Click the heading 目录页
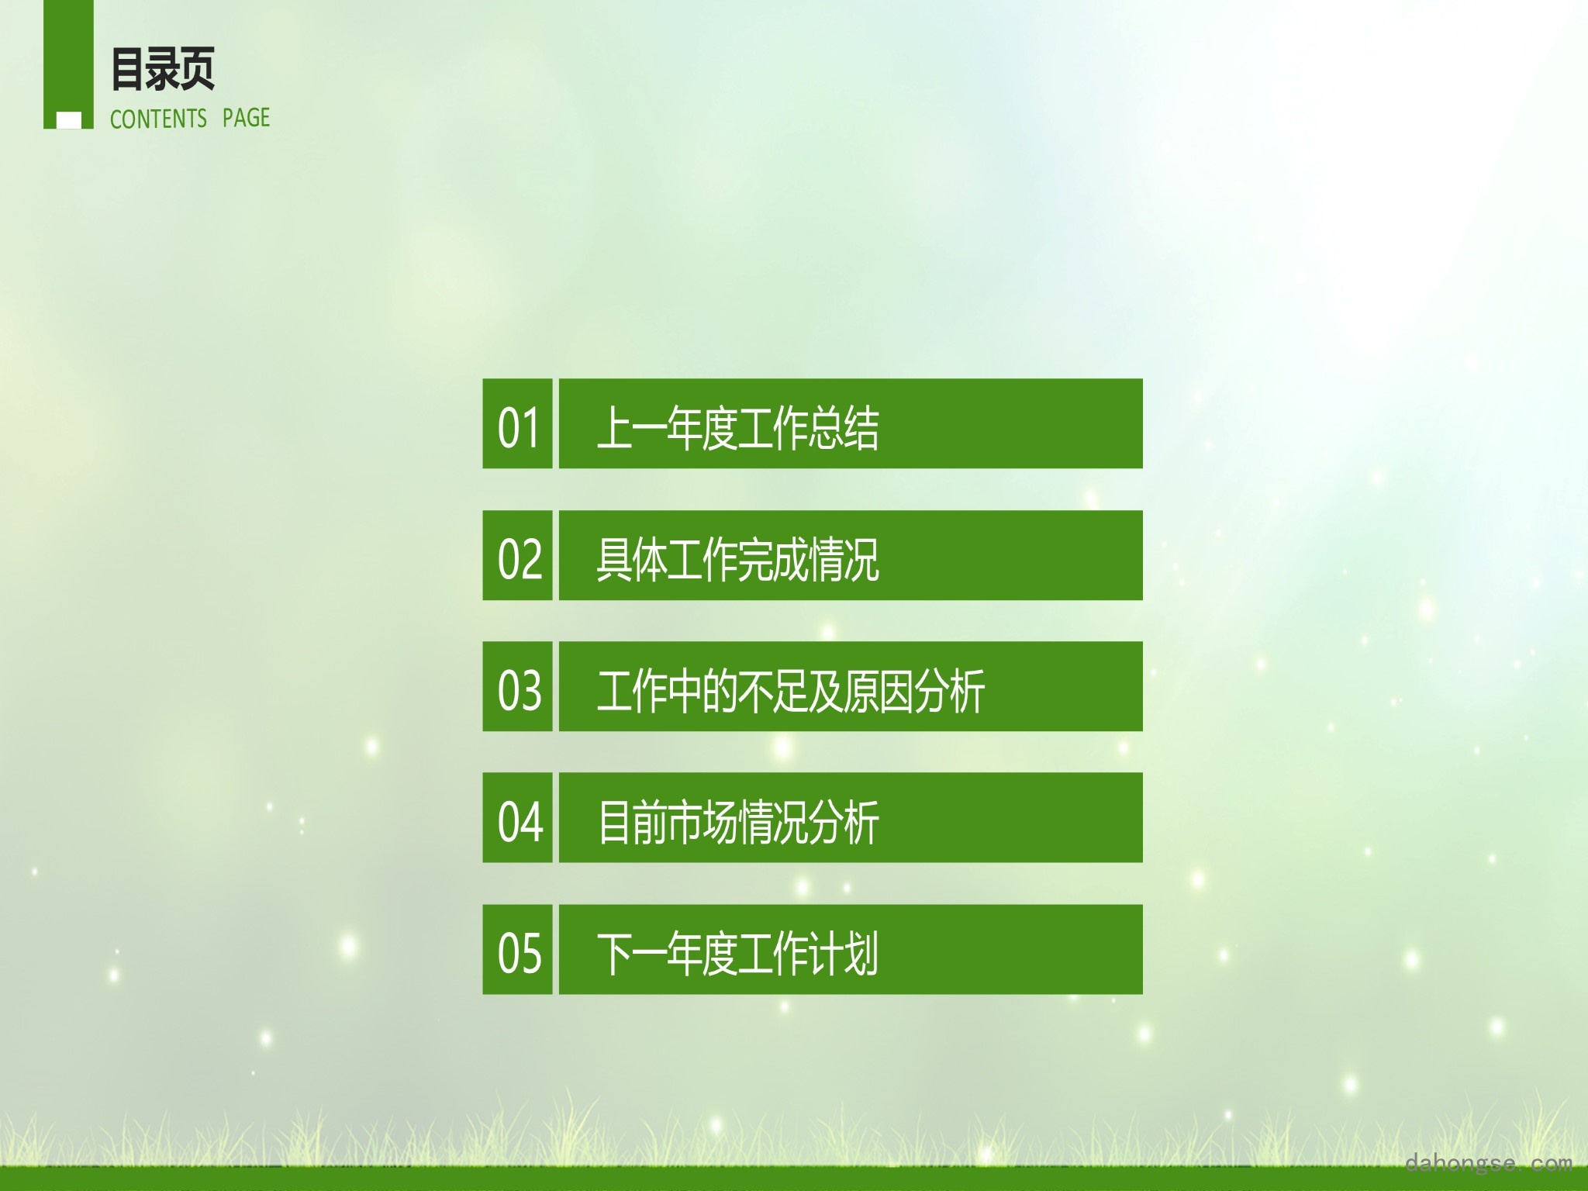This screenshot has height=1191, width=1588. [163, 69]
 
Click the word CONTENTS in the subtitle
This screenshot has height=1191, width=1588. [158, 119]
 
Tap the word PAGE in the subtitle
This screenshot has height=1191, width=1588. [246, 118]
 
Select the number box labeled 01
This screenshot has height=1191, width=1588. [517, 423]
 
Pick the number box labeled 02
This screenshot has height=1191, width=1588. [517, 555]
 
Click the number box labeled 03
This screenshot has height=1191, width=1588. [517, 686]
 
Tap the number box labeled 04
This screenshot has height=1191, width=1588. [517, 817]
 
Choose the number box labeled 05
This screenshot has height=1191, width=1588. [517, 949]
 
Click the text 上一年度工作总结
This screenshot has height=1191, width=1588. [737, 427]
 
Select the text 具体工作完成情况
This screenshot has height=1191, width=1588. [737, 559]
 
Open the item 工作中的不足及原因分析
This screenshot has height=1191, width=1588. [791, 690]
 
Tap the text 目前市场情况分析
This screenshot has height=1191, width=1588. [737, 822]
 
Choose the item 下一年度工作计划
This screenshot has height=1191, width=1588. [737, 953]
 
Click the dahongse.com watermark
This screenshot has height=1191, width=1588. [1488, 1162]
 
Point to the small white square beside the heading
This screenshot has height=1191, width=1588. [69, 120]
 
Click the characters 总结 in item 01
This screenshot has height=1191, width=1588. [844, 427]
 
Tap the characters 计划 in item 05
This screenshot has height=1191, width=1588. [844, 953]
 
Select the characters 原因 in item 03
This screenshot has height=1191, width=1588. [879, 690]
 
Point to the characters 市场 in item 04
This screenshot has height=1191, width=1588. [702, 822]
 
